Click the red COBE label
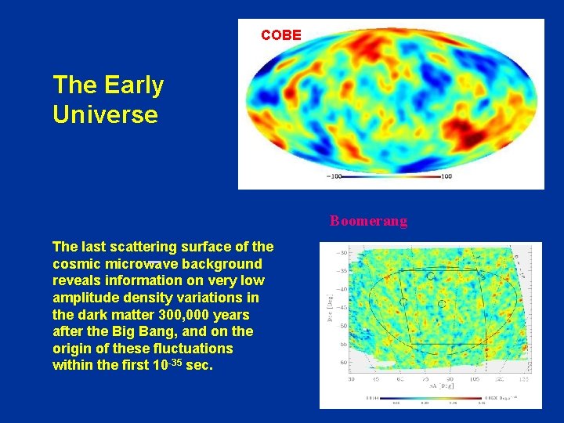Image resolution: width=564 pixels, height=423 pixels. [x=280, y=35]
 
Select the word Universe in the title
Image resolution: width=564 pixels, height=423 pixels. [x=105, y=114]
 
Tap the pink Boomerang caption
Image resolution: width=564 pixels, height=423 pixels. [x=368, y=221]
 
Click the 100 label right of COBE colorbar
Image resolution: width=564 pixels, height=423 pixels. [x=445, y=176]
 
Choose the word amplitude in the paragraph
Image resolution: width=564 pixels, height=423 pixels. [x=85, y=298]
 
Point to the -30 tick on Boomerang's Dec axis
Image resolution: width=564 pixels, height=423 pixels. [x=342, y=253]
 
